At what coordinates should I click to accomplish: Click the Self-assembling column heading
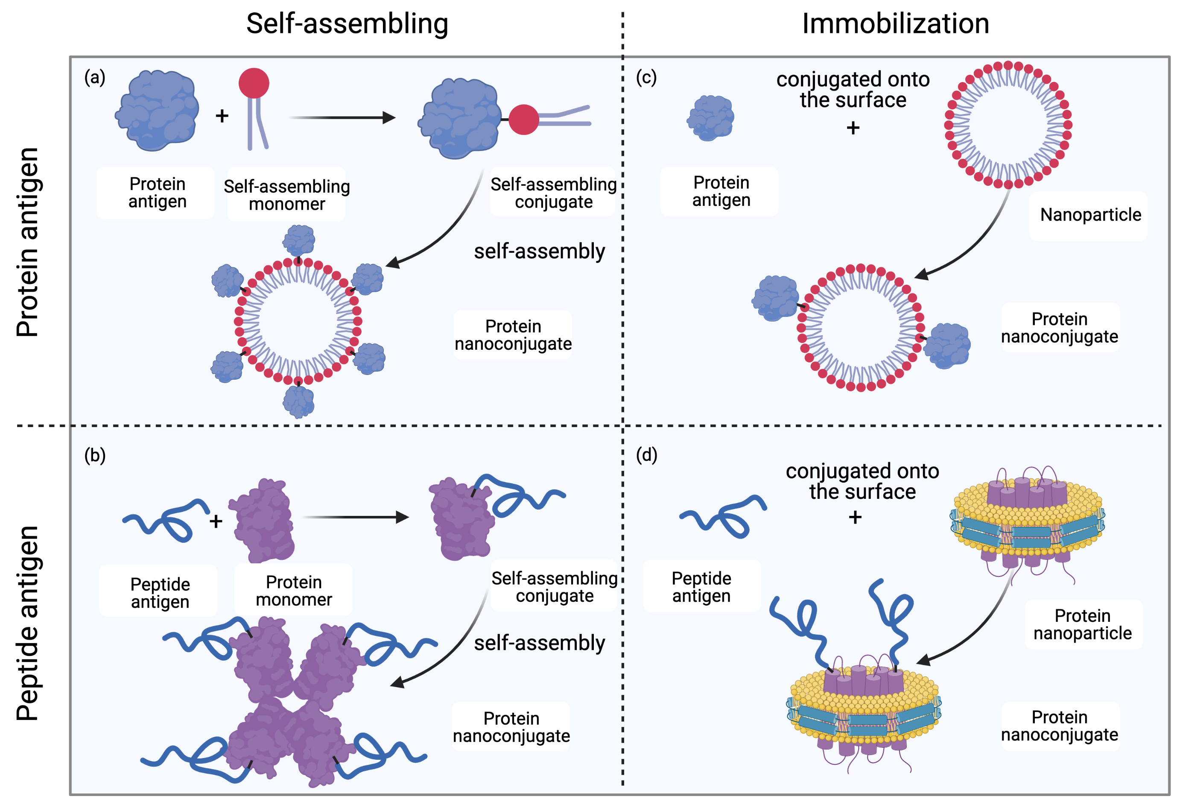click(x=347, y=24)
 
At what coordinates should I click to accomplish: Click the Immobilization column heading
click(x=895, y=24)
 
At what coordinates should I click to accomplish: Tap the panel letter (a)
click(x=95, y=77)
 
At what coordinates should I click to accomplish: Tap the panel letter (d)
click(x=646, y=455)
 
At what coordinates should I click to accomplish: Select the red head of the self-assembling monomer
click(x=254, y=83)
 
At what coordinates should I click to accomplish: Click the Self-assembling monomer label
click(x=286, y=195)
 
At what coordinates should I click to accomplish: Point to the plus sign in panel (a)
click(x=222, y=116)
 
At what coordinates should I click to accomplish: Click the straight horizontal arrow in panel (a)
click(x=342, y=117)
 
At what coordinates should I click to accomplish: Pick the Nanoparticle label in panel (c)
click(x=1090, y=215)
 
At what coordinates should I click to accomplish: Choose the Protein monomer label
click(x=294, y=591)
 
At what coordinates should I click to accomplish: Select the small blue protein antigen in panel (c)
click(x=710, y=118)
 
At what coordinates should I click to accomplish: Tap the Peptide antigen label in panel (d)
click(x=701, y=587)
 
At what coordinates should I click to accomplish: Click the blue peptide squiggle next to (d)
click(x=724, y=517)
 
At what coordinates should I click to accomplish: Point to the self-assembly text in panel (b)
click(x=539, y=643)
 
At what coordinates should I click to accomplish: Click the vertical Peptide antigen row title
click(x=28, y=623)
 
